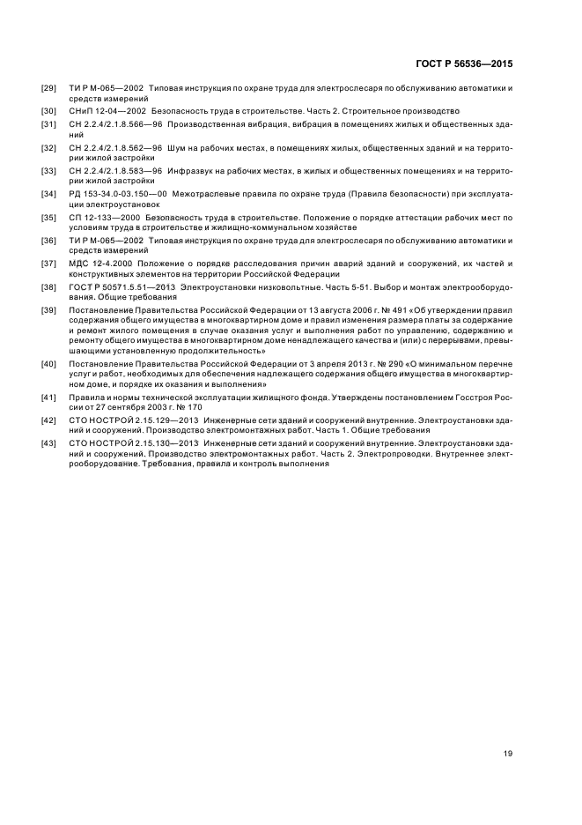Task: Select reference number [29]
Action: click(x=49, y=90)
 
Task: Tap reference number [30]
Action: click(x=49, y=111)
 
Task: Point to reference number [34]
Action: click(x=49, y=193)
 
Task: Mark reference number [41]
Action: click(x=49, y=398)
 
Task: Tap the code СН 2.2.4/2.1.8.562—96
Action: click(x=112, y=146)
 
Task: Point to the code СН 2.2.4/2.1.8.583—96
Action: click(x=112, y=170)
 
